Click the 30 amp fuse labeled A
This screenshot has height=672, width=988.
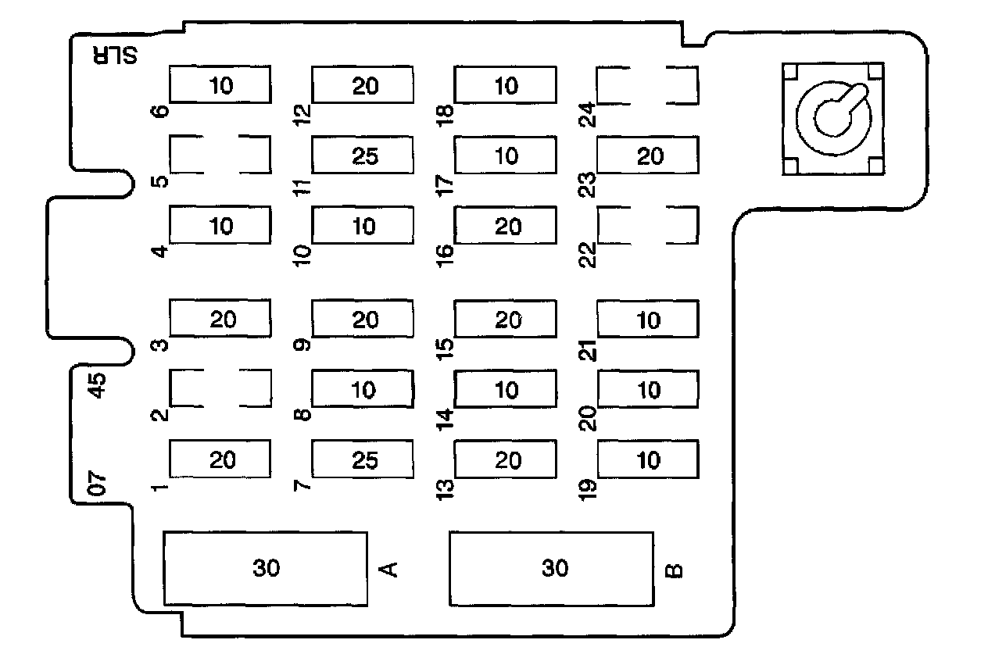tap(265, 568)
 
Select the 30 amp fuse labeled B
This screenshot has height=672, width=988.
tap(551, 568)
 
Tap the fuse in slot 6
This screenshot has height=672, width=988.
tap(220, 85)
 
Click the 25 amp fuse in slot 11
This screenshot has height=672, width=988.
tap(363, 155)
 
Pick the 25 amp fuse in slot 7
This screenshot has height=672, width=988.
tap(363, 459)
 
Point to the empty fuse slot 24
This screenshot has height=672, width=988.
tap(647, 85)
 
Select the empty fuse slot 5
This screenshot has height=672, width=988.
tap(220, 155)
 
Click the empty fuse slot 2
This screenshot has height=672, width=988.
tap(220, 388)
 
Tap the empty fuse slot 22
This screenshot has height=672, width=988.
tap(647, 226)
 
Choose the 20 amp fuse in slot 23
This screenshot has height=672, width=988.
tap(647, 155)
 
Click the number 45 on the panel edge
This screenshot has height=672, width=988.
tap(98, 386)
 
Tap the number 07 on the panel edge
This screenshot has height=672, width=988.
tap(98, 484)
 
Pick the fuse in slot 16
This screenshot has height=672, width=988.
tap(506, 226)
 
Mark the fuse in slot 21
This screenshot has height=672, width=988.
tap(647, 320)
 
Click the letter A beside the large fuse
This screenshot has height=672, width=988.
tap(388, 568)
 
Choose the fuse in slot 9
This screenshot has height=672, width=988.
tap(363, 320)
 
